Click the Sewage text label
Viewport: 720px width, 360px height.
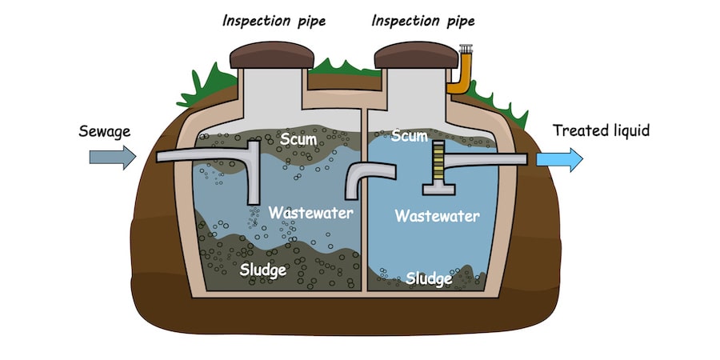(105, 130)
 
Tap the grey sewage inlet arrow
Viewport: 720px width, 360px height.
(113, 158)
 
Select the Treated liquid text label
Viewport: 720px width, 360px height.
(602, 130)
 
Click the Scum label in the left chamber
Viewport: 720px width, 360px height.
(298, 141)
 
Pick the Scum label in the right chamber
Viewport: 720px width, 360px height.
(410, 136)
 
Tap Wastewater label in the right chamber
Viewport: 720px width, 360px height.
(438, 216)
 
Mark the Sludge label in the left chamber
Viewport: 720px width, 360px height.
(263, 270)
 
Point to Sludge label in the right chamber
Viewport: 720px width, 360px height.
(430, 278)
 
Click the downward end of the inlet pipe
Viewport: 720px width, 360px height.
(254, 192)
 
